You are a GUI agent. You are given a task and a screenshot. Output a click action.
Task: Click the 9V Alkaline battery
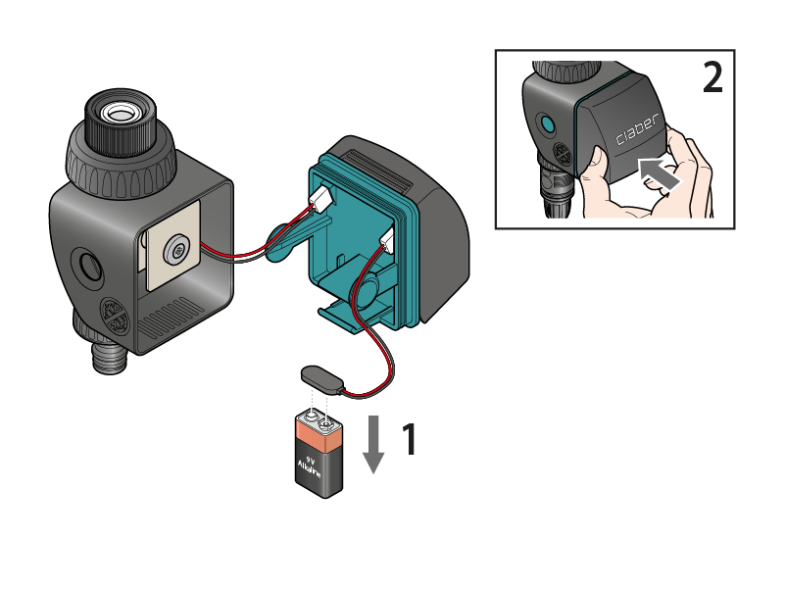[x=319, y=454]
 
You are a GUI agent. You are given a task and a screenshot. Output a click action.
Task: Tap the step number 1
[x=410, y=439]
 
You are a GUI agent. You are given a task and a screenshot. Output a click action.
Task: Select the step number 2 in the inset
[x=712, y=77]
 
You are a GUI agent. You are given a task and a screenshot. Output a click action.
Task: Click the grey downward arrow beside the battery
[x=373, y=444]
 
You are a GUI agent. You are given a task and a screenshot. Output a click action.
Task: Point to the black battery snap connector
[x=321, y=377]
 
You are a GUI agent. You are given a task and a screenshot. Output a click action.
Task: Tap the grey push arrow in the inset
[x=660, y=173]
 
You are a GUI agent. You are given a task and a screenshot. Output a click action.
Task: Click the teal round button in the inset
[x=547, y=123]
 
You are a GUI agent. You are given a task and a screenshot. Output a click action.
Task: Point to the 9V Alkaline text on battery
[x=310, y=466]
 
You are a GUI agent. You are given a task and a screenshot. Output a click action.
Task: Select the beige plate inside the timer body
[x=172, y=246]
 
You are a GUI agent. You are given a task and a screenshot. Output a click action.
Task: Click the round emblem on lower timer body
[x=115, y=317]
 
